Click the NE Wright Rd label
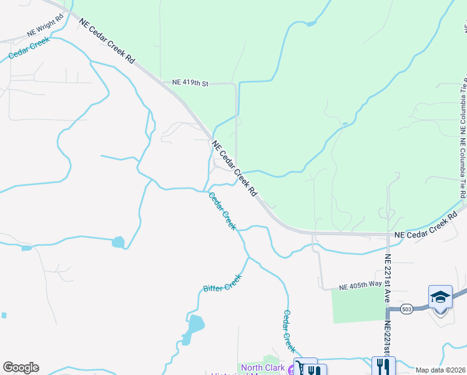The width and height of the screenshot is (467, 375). coord(46,32)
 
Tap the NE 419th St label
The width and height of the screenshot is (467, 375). coord(190,82)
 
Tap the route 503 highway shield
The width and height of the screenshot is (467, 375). coord(407,309)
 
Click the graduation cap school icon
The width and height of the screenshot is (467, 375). coord(440,297)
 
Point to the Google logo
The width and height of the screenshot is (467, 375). coord(21,367)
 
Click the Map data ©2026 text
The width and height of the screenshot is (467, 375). coord(440,370)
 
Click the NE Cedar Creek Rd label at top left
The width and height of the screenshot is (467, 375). coord(107,41)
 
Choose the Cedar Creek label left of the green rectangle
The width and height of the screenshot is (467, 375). coord(288,331)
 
